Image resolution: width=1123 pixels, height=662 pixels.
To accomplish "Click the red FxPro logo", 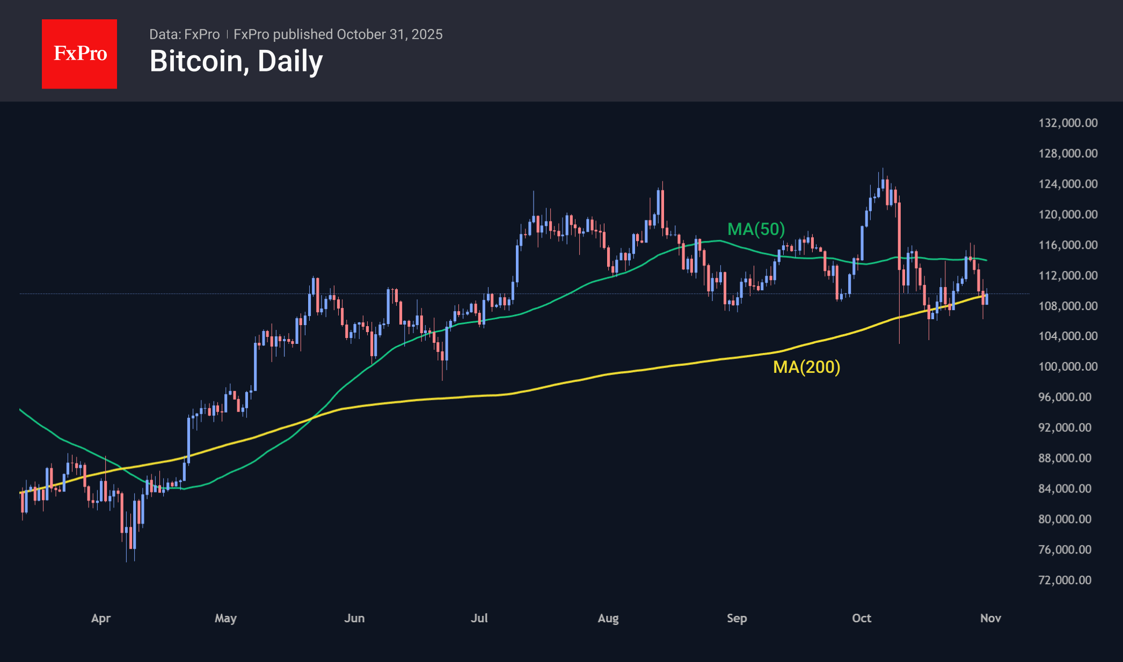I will pyautogui.click(x=79, y=54).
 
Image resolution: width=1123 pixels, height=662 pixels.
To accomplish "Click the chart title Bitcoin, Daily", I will pyautogui.click(x=236, y=61).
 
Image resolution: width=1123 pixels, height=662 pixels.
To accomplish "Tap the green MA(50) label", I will pyautogui.click(x=756, y=229).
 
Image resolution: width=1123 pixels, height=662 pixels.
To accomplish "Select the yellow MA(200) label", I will pyautogui.click(x=806, y=367).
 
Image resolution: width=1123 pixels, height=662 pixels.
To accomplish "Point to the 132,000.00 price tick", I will pyautogui.click(x=1068, y=123).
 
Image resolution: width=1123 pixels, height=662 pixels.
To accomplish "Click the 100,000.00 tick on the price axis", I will pyautogui.click(x=1068, y=366).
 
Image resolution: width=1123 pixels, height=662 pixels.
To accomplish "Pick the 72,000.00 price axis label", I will pyautogui.click(x=1064, y=580).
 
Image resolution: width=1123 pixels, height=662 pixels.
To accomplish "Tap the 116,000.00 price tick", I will pyautogui.click(x=1068, y=245).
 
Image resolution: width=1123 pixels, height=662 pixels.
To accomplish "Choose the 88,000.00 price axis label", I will pyautogui.click(x=1064, y=458).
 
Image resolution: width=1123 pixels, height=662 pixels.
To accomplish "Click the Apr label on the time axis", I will pyautogui.click(x=101, y=618).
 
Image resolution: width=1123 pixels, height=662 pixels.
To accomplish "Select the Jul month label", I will pyautogui.click(x=479, y=618).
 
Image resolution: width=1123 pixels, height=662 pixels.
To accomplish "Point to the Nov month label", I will pyautogui.click(x=990, y=618).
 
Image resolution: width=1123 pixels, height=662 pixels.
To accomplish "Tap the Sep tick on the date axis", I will pyautogui.click(x=736, y=618).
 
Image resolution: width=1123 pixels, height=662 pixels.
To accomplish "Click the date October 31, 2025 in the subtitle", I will pyautogui.click(x=390, y=34).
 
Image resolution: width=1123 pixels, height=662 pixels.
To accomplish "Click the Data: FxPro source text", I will pyautogui.click(x=184, y=34).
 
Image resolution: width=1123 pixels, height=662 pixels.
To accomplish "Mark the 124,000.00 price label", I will pyautogui.click(x=1068, y=183).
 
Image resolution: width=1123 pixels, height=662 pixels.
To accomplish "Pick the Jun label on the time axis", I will pyautogui.click(x=354, y=618).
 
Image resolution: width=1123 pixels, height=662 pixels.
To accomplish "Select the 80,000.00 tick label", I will pyautogui.click(x=1064, y=519).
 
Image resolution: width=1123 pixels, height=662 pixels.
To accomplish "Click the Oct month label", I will pyautogui.click(x=862, y=618).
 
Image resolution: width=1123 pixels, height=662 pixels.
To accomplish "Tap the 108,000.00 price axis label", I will pyautogui.click(x=1068, y=306).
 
